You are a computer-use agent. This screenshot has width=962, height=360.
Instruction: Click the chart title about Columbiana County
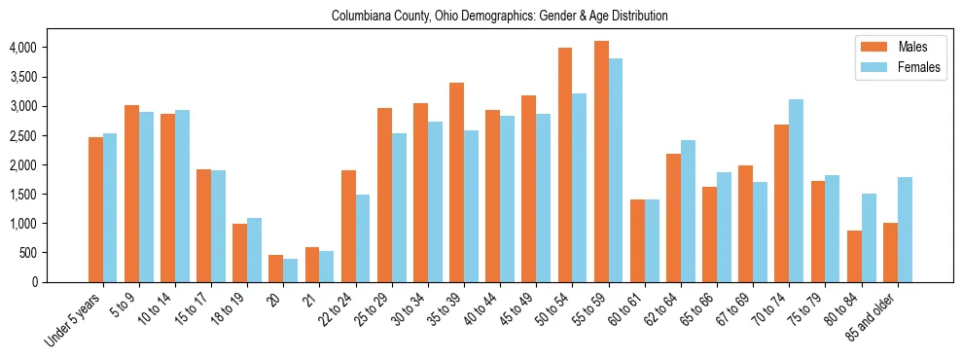(499, 17)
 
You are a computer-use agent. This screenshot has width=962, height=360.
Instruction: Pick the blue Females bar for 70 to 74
(796, 191)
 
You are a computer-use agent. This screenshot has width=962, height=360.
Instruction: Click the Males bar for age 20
(276, 269)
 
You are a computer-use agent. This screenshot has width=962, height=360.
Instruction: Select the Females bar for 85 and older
(905, 230)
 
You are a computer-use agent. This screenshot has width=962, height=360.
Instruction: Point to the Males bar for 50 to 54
(565, 164)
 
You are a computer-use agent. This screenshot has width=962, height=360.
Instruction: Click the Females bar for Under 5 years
(110, 207)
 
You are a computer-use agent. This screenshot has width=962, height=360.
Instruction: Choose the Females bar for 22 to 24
(363, 238)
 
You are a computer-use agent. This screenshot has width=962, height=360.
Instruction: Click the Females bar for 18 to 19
(255, 250)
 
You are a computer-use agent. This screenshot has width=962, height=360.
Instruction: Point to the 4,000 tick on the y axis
(22, 48)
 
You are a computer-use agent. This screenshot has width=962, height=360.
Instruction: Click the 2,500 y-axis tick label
(22, 135)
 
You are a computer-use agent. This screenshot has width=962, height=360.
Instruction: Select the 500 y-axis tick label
(27, 253)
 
